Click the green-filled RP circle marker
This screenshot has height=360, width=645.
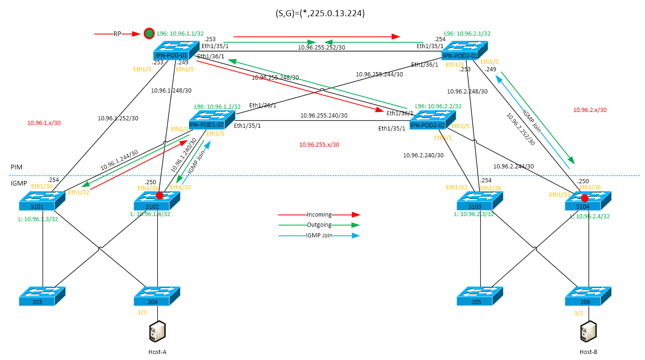coord(149,33)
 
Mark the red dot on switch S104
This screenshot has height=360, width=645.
coord(585,198)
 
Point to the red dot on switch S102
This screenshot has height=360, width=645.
coord(160,195)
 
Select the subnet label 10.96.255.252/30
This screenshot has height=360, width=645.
coord(321,47)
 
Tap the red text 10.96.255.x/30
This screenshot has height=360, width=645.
coord(319,145)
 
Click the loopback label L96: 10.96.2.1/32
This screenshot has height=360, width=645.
coord(467,34)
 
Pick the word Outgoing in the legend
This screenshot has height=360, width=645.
coord(319,225)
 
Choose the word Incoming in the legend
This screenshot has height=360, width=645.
coord(319,215)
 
